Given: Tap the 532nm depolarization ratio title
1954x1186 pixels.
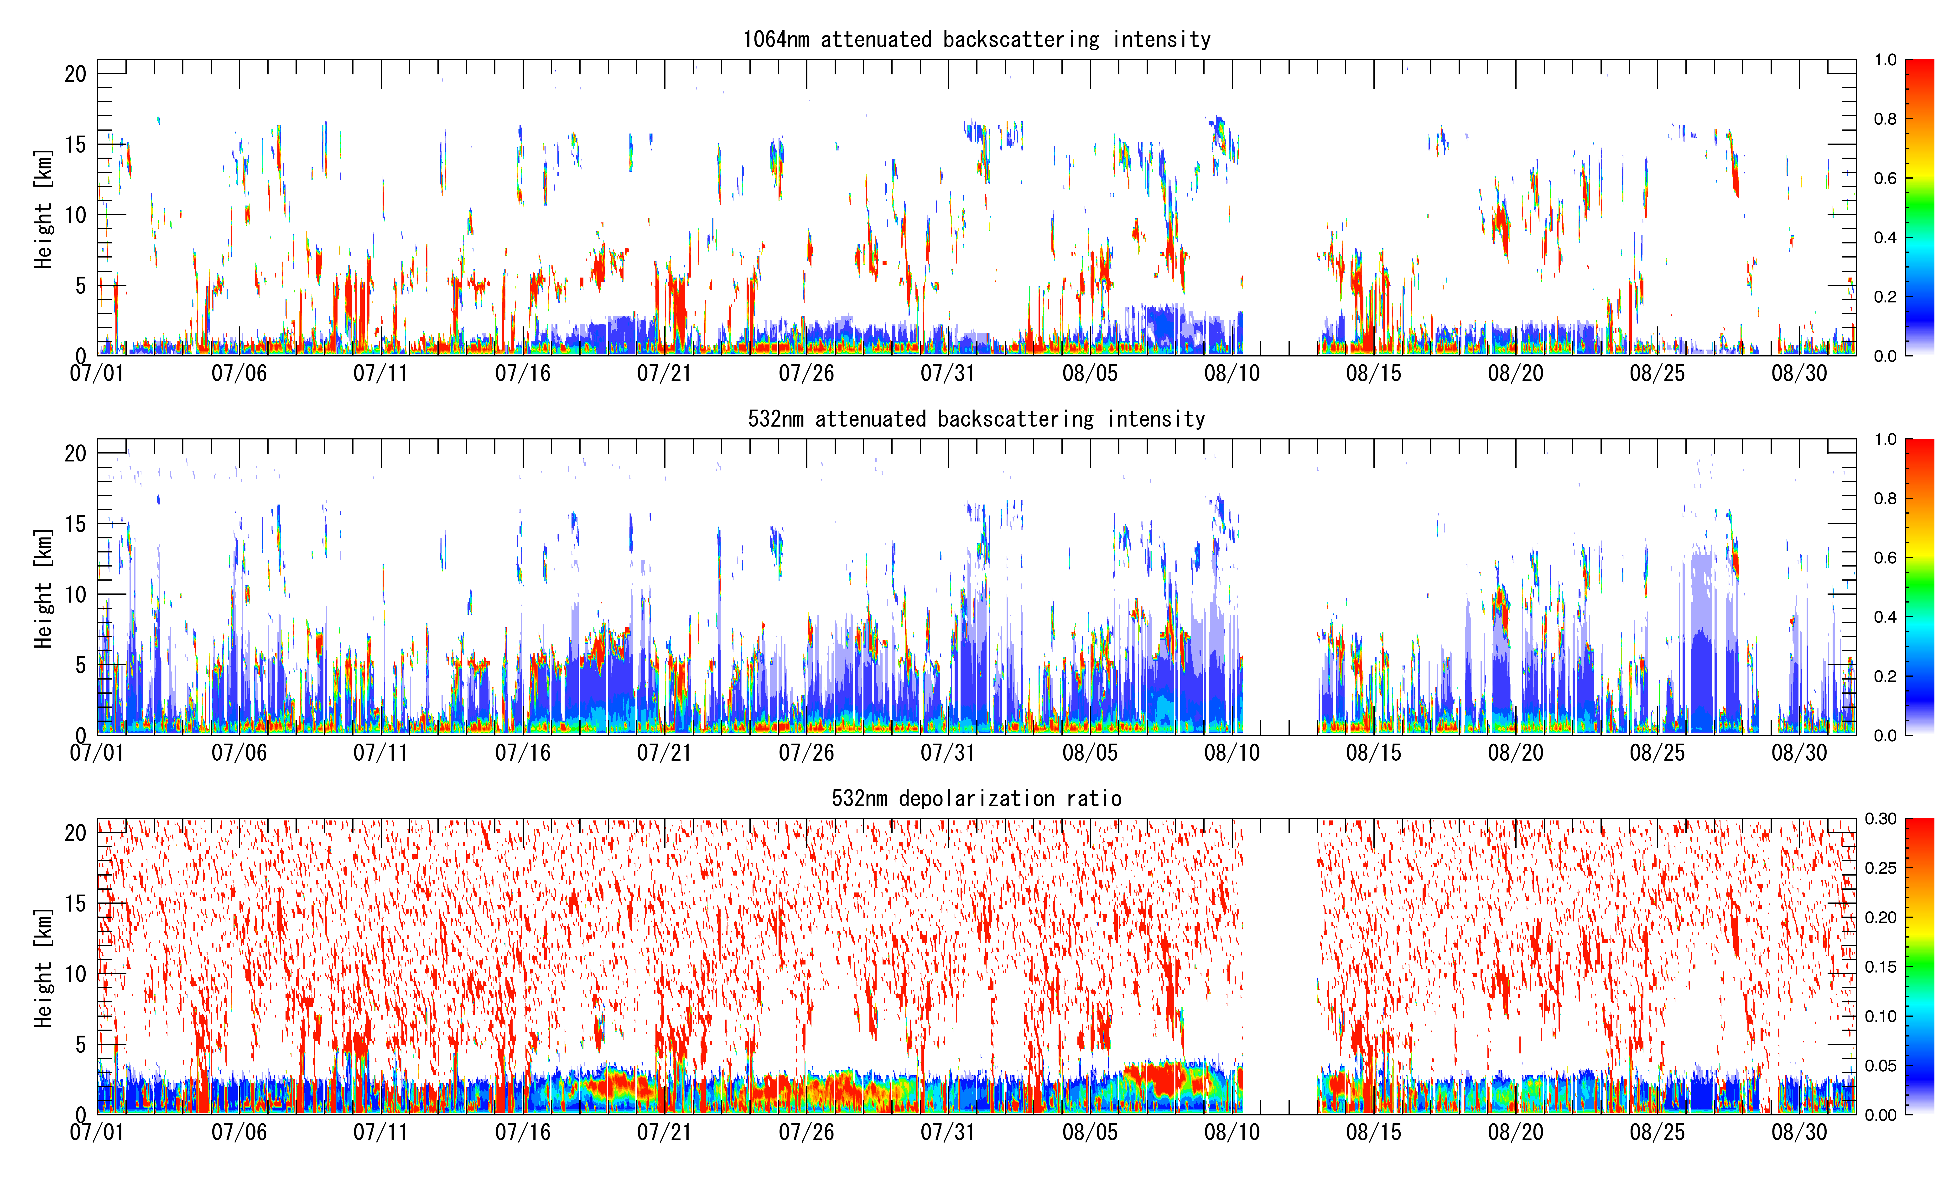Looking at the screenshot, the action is click(976, 798).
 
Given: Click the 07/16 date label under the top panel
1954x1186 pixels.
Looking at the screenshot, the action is click(523, 373).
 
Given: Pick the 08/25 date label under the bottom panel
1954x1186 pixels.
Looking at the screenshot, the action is click(1658, 1132).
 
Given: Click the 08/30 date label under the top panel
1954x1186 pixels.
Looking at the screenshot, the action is click(1799, 373).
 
